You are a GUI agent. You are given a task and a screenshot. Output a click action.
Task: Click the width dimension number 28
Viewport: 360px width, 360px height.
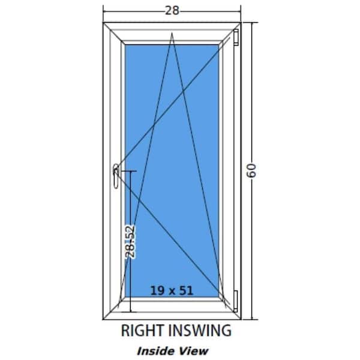click(172, 11)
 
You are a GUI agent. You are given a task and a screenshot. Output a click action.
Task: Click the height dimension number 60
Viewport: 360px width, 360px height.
click(251, 170)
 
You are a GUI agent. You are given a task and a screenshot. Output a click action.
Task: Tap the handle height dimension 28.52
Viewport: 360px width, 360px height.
click(130, 242)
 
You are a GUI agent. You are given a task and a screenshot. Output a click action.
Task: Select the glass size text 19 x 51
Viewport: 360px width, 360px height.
click(172, 290)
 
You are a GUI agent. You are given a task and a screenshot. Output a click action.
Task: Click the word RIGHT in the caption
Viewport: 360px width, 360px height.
click(143, 331)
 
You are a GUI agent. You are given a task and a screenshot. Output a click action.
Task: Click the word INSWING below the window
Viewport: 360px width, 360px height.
click(200, 331)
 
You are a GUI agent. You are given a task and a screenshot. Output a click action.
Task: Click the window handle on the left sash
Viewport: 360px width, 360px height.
click(116, 176)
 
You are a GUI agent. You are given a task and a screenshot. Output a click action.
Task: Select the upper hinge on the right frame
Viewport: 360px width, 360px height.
click(236, 37)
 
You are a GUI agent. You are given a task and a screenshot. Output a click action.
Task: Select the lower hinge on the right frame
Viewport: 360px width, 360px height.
click(236, 301)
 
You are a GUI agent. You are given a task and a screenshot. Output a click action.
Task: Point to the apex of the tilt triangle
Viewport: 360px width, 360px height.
click(172, 34)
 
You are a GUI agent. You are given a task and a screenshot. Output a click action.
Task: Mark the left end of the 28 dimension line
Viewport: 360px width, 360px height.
click(103, 11)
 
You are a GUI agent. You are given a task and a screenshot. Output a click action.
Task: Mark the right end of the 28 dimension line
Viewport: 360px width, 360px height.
click(241, 11)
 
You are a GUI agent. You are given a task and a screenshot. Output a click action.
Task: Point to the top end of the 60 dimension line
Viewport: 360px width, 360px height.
click(252, 23)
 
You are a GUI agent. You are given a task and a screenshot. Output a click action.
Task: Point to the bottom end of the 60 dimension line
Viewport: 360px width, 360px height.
click(252, 319)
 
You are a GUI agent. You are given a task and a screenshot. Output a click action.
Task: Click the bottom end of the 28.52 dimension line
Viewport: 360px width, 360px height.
click(130, 312)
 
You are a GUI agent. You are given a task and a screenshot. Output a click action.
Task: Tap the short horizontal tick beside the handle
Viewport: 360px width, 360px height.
click(128, 171)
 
